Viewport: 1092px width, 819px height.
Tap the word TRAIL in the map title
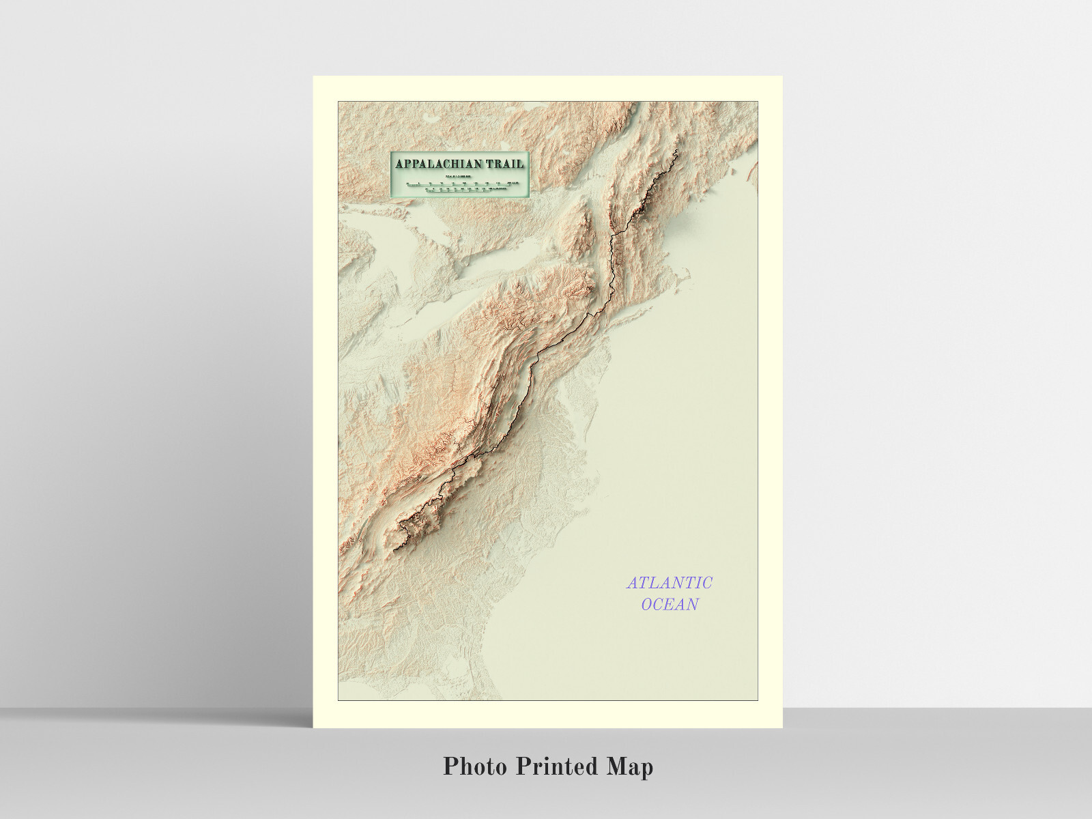click(x=505, y=164)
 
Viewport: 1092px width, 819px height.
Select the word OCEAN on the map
click(x=670, y=605)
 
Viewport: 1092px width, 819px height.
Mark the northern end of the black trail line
click(x=676, y=150)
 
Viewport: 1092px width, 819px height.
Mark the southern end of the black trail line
click(x=394, y=549)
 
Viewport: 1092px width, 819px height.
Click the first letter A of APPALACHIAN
click(x=400, y=164)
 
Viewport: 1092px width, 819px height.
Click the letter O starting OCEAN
click(x=647, y=605)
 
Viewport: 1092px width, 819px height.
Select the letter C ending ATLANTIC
click(x=707, y=583)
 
